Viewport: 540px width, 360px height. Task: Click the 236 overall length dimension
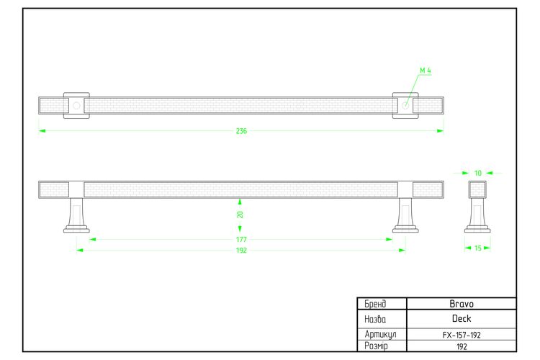[241, 131]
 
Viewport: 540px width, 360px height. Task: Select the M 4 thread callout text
[426, 71]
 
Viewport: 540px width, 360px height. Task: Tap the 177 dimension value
[241, 240]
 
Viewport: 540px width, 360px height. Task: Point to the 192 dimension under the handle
[241, 251]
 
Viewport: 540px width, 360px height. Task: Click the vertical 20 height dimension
[240, 215]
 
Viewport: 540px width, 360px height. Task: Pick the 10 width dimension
[478, 173]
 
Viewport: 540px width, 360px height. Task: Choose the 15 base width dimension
[478, 248]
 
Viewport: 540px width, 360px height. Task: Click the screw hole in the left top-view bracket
[76, 106]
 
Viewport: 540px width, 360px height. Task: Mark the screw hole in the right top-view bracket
[405, 106]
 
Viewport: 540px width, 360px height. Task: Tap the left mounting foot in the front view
[76, 215]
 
